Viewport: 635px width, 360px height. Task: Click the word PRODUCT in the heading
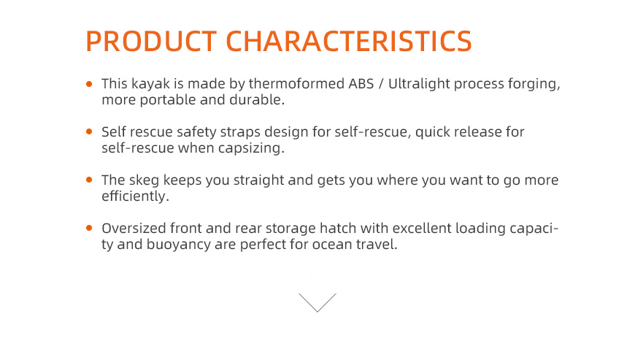[x=152, y=41]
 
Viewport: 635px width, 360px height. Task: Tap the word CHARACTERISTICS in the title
[x=349, y=41]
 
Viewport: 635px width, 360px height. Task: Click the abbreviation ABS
[x=361, y=83]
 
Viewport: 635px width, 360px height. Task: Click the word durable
[x=257, y=99]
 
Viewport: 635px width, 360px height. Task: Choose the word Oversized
[x=134, y=229]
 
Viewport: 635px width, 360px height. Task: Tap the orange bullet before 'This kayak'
[x=89, y=84]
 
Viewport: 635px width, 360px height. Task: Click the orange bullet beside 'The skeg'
[x=89, y=180]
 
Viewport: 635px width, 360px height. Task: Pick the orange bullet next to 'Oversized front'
[x=89, y=228]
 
